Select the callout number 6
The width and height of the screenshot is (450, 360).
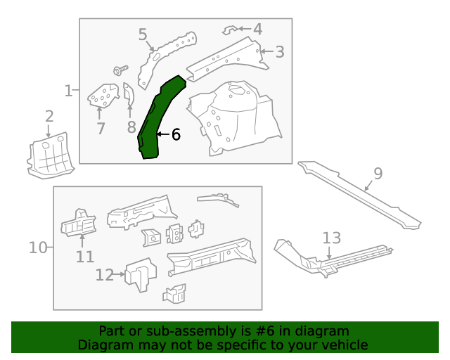click(x=176, y=134)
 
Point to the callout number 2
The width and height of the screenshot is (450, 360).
click(x=49, y=117)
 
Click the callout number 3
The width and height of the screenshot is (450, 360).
click(x=280, y=51)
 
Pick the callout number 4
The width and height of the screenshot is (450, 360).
click(x=257, y=29)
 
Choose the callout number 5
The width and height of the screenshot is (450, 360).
click(x=143, y=34)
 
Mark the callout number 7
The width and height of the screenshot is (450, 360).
click(x=101, y=128)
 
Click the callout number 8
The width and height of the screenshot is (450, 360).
click(x=131, y=127)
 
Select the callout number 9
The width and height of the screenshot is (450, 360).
click(x=378, y=173)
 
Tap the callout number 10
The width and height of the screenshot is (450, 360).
click(x=38, y=247)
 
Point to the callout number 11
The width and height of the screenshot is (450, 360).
click(x=85, y=257)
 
